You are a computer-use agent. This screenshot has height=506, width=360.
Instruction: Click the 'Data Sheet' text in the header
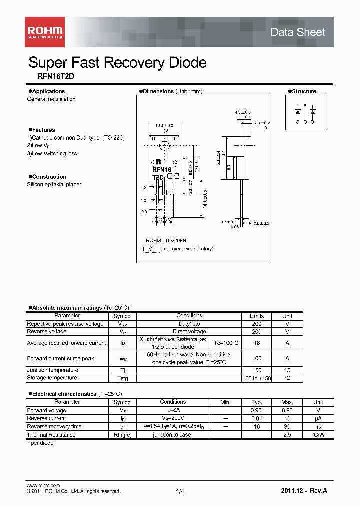click(x=297, y=32)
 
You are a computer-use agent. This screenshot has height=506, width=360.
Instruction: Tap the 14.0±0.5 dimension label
click(x=204, y=200)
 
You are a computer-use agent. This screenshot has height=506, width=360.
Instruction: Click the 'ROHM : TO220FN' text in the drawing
click(x=166, y=240)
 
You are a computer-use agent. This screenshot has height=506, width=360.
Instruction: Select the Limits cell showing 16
click(x=256, y=343)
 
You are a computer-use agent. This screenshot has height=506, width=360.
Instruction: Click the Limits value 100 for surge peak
click(x=256, y=358)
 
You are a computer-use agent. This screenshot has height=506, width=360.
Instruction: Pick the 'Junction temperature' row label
click(x=52, y=370)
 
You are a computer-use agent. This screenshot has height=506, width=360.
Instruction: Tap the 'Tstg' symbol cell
click(x=122, y=378)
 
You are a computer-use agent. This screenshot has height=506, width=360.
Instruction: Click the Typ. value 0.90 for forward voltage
click(x=256, y=410)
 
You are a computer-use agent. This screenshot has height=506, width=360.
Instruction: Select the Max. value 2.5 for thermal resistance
click(x=287, y=435)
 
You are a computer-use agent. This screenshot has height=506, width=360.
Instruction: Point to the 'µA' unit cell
click(x=318, y=418)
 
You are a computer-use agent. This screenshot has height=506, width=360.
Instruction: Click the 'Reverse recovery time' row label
click(x=54, y=426)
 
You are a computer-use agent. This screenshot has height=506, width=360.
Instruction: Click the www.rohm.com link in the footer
click(x=43, y=485)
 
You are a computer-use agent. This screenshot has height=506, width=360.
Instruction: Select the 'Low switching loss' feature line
click(x=52, y=153)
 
